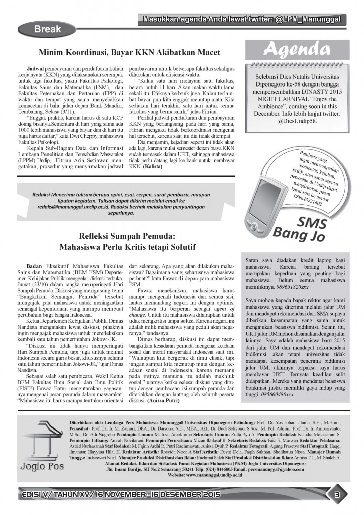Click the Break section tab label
[47, 30]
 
